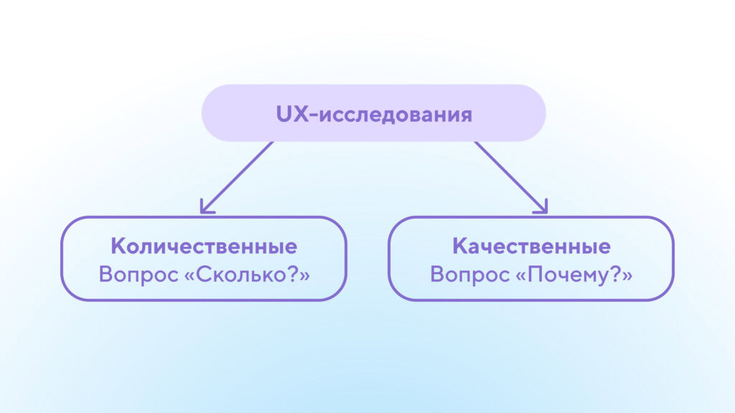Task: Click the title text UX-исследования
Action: [374, 114]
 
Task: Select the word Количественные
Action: [204, 247]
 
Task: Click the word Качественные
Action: [531, 247]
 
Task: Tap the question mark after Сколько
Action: [297, 275]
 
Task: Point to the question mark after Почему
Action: [621, 275]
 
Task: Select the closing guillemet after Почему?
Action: [629, 275]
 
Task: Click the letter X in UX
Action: [296, 114]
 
